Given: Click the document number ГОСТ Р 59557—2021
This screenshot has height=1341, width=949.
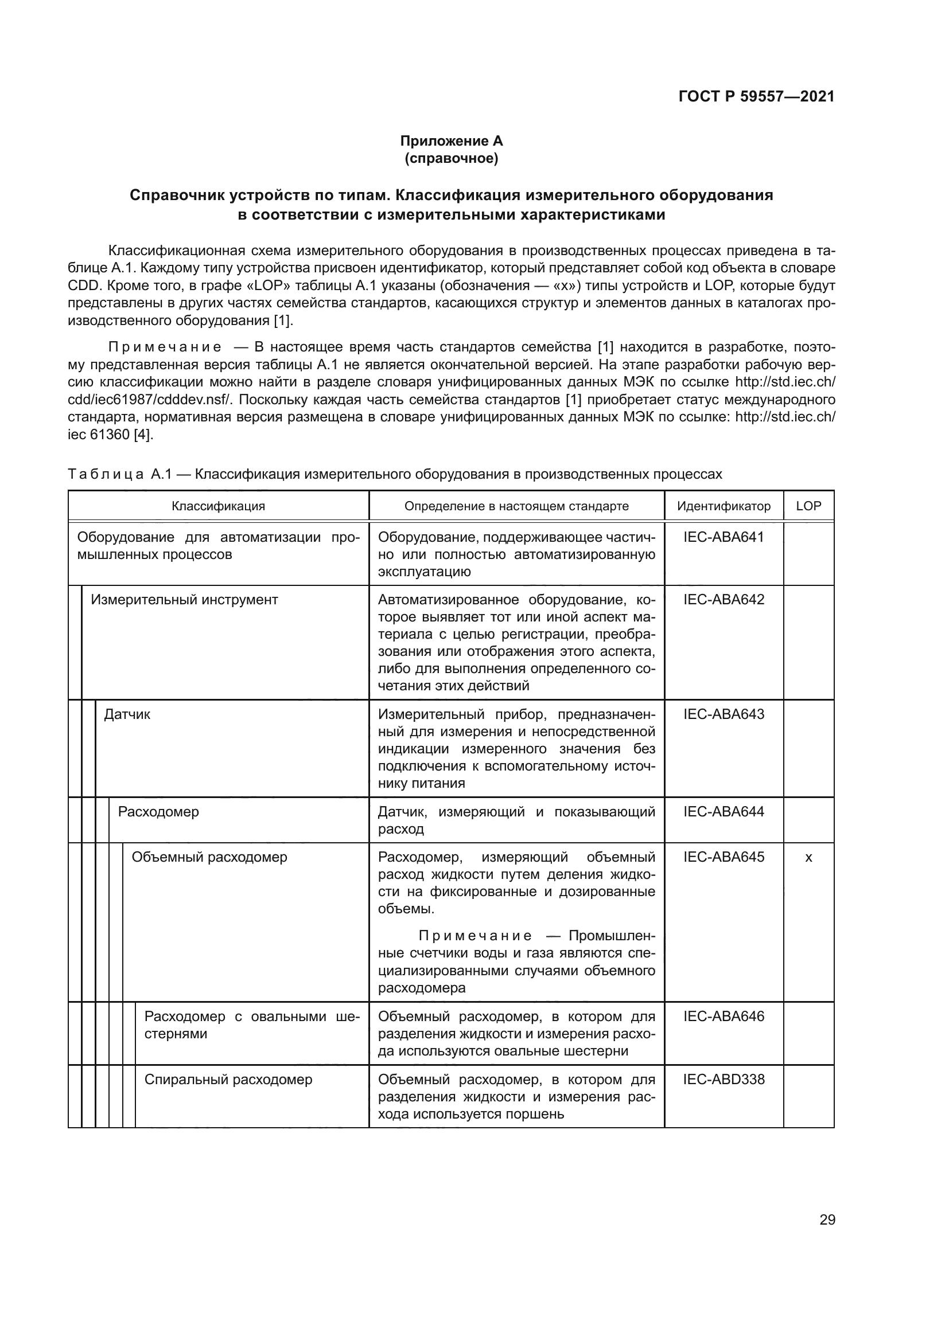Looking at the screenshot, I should click(756, 96).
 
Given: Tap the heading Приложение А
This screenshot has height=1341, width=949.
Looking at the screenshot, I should click(451, 141).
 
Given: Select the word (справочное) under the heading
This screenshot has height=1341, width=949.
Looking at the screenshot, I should click(451, 158).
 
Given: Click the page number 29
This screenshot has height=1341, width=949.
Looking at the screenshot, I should click(827, 1219).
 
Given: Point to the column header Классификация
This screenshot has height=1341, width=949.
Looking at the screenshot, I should click(218, 506).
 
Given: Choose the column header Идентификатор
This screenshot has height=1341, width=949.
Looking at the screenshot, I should click(724, 506).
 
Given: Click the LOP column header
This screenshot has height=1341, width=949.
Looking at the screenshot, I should click(808, 506).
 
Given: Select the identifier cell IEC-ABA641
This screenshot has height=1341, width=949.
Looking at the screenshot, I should click(724, 537).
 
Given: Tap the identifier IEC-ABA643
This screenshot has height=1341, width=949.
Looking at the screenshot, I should click(724, 714).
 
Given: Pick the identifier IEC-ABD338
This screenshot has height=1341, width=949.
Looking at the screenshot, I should click(724, 1079).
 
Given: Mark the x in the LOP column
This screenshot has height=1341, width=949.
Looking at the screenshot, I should click(808, 857).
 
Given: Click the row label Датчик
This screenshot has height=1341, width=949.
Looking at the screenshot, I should click(127, 714).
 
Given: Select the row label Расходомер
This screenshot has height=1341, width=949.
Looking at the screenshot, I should click(158, 811).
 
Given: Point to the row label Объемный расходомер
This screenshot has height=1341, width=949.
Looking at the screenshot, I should click(209, 857).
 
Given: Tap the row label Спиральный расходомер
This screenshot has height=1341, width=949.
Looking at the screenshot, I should click(228, 1080).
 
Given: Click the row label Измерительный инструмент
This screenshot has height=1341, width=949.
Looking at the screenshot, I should click(184, 600).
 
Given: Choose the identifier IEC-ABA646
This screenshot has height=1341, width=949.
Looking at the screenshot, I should click(724, 1016).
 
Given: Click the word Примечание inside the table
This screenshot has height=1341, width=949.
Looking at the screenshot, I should click(474, 936).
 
